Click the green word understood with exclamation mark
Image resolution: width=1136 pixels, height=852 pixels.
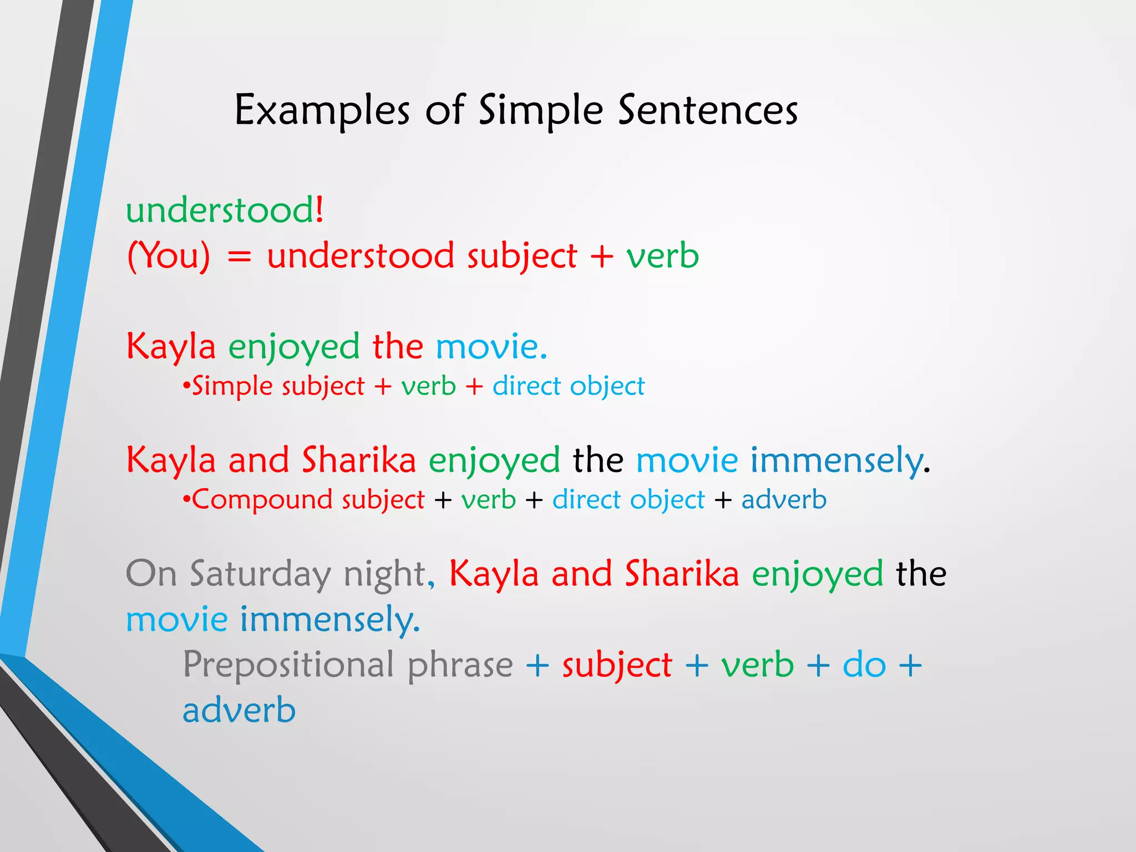[x=224, y=211]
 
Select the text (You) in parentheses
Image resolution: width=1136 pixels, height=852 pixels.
[x=169, y=256]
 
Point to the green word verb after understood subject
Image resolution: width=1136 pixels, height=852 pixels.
[x=662, y=256]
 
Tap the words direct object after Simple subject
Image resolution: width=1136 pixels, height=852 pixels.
[x=569, y=386]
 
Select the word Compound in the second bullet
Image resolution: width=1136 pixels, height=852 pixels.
[x=260, y=500]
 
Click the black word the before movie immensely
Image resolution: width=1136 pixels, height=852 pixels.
[x=598, y=460]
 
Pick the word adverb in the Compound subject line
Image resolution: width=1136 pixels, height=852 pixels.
[x=784, y=500]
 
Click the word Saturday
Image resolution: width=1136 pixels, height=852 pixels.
[x=260, y=574]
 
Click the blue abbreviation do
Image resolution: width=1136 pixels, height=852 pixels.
[x=864, y=665]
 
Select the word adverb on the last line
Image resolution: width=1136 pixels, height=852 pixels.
[x=239, y=711]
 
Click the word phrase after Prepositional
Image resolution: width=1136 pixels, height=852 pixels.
[x=460, y=665]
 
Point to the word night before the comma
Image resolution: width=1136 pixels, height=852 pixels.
[x=385, y=574]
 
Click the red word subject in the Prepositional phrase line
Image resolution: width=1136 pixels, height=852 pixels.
[x=617, y=665]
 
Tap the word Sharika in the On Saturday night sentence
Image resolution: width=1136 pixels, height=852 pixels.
[x=682, y=574]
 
